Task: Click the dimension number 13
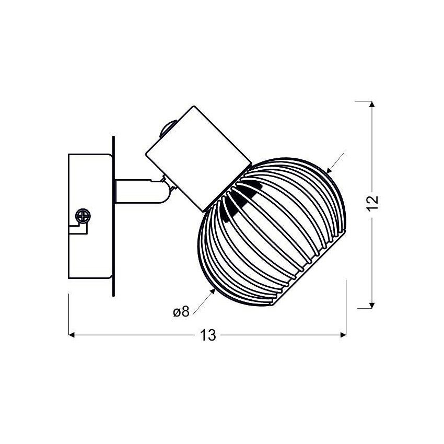[208, 335]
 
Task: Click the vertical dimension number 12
[372, 203]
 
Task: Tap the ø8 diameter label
[181, 312]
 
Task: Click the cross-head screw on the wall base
[83, 216]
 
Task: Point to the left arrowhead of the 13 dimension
[72, 335]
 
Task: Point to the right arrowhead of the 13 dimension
[344, 335]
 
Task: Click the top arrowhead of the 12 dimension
[372, 104]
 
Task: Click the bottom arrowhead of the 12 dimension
[372, 305]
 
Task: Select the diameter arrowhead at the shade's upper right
[329, 170]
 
